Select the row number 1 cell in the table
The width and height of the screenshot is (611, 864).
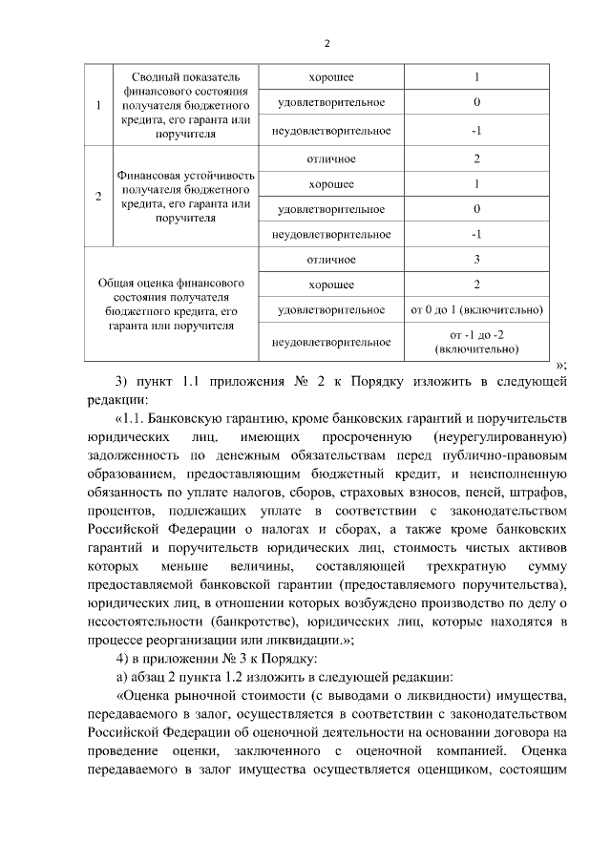(x=98, y=104)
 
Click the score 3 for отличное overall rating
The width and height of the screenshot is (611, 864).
(x=476, y=260)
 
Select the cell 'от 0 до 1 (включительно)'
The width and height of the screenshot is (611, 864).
(x=476, y=310)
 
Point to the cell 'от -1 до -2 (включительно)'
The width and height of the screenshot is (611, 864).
(x=476, y=342)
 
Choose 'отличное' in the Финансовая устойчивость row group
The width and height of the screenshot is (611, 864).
(x=330, y=158)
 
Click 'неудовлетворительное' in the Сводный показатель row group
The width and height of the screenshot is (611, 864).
(x=330, y=130)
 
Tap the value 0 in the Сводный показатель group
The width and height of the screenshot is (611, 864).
(x=476, y=102)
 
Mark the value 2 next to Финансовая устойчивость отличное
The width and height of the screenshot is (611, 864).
(x=476, y=158)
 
